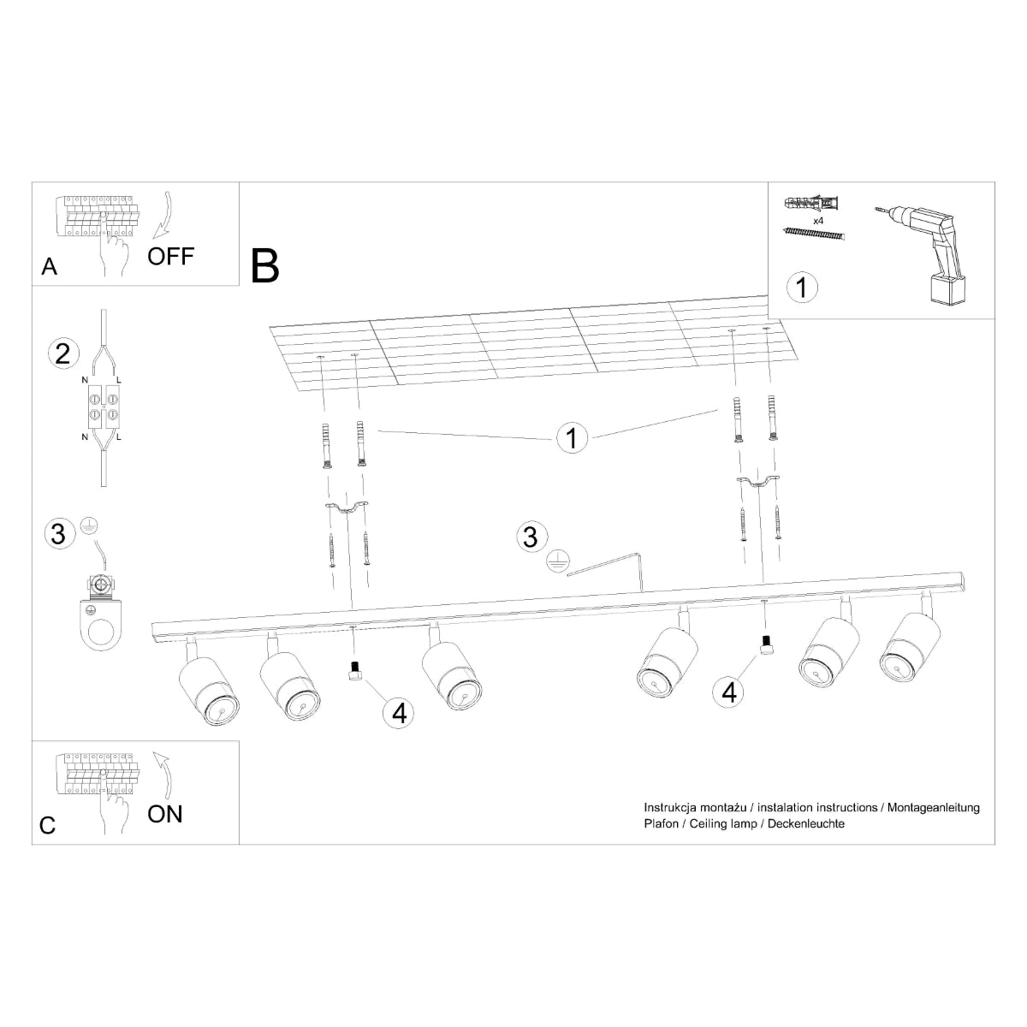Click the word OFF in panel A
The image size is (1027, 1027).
[171, 255]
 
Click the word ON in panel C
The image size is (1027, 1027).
[165, 813]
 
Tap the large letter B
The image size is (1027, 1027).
[265, 265]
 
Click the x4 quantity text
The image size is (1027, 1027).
[818, 221]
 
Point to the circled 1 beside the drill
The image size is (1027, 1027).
[801, 287]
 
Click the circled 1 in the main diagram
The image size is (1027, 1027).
[572, 437]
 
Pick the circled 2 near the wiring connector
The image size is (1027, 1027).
[62, 353]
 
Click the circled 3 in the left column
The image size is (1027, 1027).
[58, 534]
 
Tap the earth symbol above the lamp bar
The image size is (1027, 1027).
[558, 561]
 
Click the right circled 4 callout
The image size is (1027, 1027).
[729, 691]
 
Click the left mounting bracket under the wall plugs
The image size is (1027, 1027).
[346, 509]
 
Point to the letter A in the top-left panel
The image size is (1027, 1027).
[50, 268]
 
